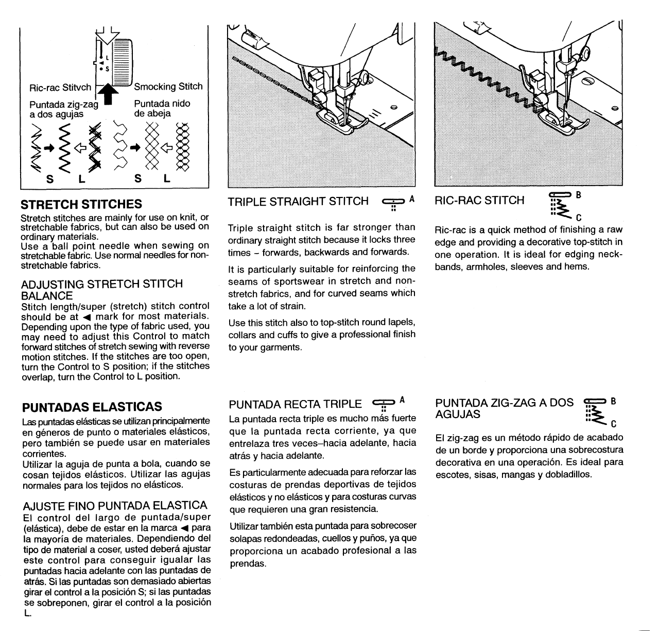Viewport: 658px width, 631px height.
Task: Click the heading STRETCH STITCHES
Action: click(x=81, y=205)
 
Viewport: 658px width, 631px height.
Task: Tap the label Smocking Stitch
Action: click(x=168, y=87)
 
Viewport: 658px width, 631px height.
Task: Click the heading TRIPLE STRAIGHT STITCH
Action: click(x=298, y=201)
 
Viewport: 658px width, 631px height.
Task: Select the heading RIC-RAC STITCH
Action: click(x=479, y=200)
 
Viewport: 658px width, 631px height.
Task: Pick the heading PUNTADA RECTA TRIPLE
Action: click(x=295, y=404)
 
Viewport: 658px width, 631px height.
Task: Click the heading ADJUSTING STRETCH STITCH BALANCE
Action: click(x=101, y=290)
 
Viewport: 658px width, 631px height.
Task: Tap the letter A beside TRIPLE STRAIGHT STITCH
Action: click(x=411, y=197)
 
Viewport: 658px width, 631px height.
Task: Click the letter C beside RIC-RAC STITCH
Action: click(x=579, y=217)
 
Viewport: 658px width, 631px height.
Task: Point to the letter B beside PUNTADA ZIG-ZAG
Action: click(x=612, y=401)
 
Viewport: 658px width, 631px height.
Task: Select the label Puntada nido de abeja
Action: click(x=162, y=108)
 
